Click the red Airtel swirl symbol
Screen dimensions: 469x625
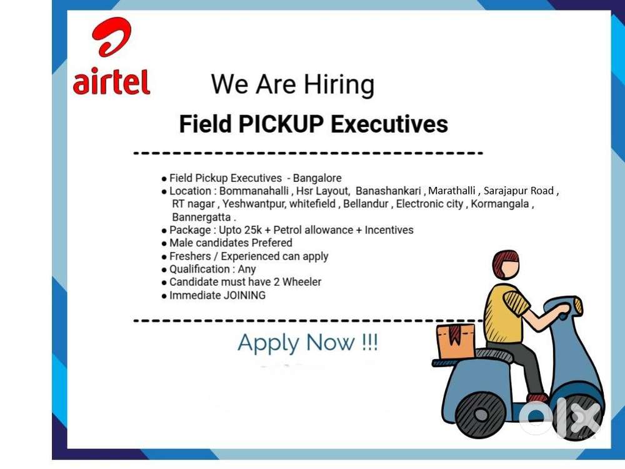tap(112, 38)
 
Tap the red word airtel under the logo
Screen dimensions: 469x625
tap(112, 81)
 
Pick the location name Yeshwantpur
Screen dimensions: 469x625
tap(253, 204)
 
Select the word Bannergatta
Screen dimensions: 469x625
tap(201, 217)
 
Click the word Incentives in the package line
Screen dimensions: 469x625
tap(389, 230)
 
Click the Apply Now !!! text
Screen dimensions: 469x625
tap(307, 343)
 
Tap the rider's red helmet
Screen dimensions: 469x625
tap(505, 263)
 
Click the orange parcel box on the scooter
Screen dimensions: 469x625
tap(456, 341)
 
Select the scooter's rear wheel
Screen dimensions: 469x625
tap(480, 413)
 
